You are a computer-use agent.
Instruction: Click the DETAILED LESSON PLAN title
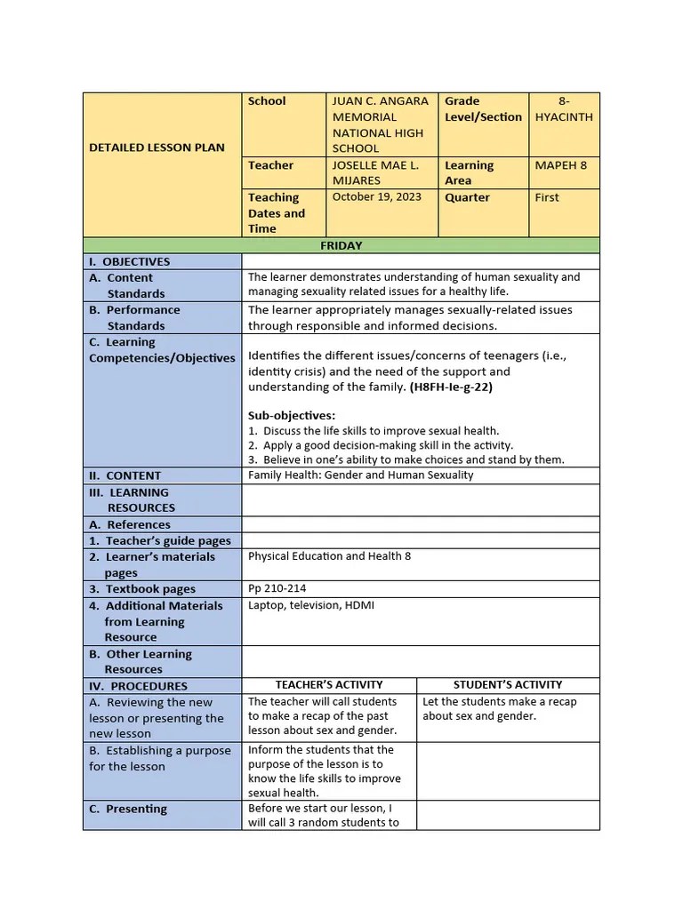(157, 148)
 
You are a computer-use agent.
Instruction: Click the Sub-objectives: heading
(291, 415)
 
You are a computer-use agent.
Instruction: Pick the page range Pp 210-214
(277, 588)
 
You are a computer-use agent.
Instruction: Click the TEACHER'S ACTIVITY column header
(328, 684)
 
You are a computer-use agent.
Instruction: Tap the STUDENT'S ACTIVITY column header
(508, 684)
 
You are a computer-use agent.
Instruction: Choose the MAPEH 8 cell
(561, 165)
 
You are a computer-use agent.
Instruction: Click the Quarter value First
(547, 197)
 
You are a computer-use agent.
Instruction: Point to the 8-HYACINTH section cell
(564, 109)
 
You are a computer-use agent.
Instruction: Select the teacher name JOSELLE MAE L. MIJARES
(375, 173)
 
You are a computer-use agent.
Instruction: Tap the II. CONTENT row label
(125, 475)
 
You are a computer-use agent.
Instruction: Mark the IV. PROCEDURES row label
(138, 686)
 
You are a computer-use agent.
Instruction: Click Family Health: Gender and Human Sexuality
(360, 475)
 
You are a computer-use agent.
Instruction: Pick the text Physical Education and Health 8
(329, 556)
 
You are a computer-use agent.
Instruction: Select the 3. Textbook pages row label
(141, 588)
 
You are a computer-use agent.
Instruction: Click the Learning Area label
(470, 173)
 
